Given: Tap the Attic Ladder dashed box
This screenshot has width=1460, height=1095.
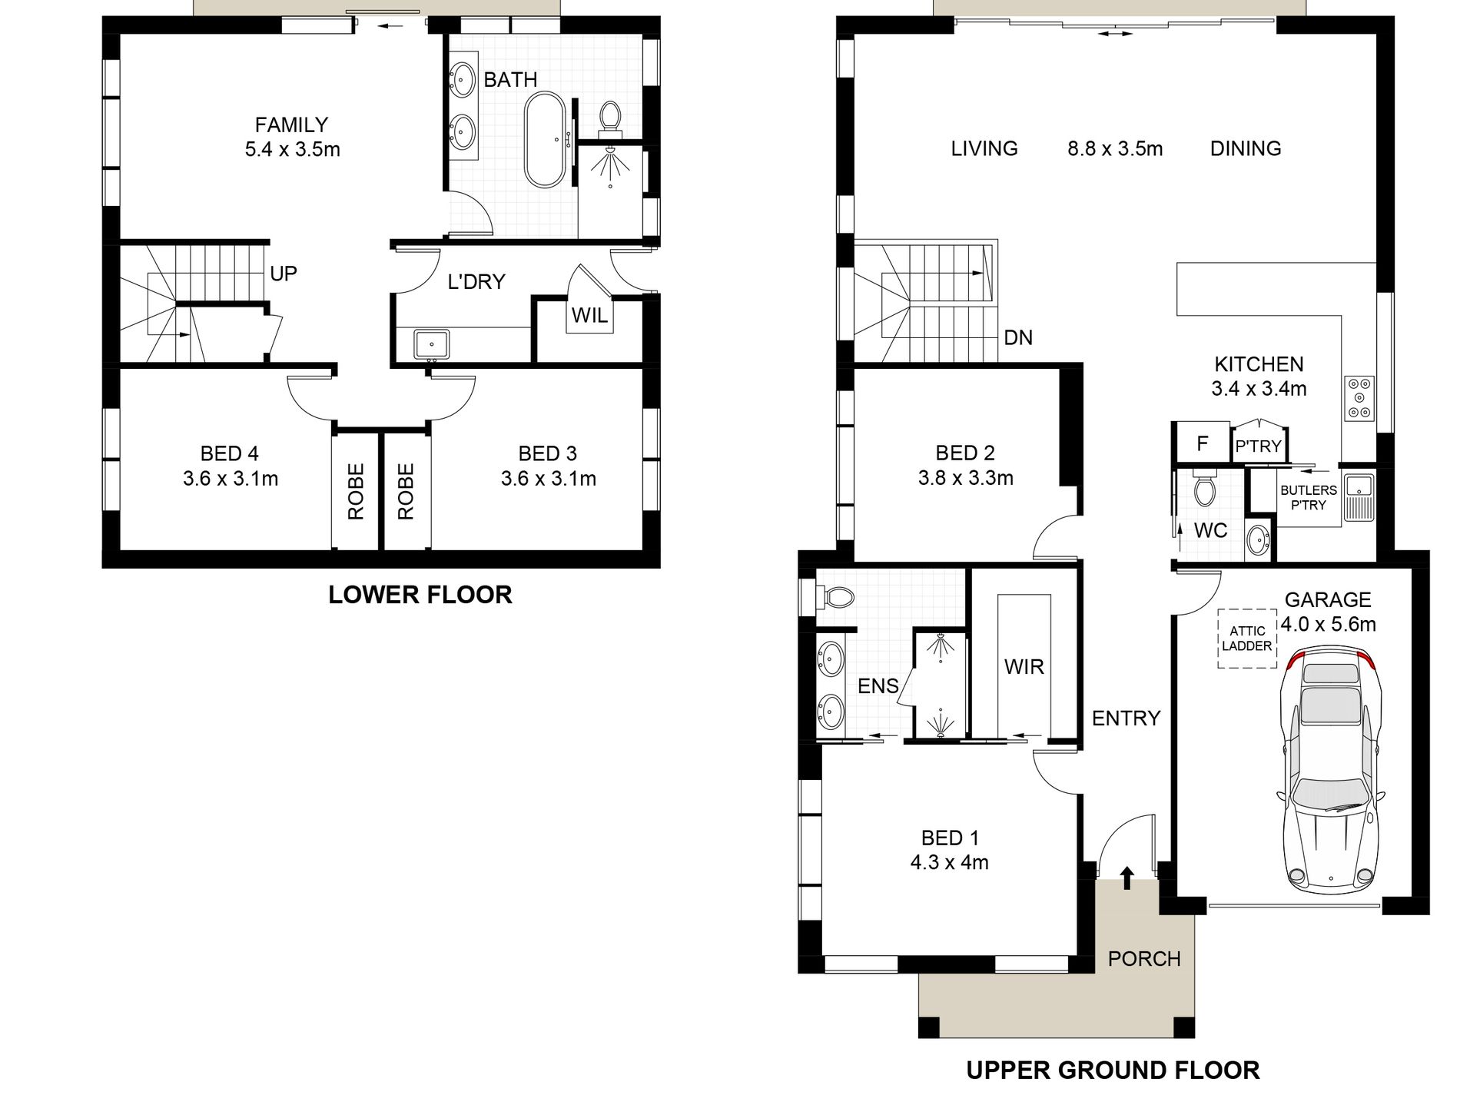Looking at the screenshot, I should point(1246,639).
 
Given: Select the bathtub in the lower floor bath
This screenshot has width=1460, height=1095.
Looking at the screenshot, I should point(546,140).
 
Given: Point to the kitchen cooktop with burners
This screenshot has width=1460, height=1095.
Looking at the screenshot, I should point(1359,398).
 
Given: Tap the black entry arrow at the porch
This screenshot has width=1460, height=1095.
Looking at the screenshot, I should point(1127,878).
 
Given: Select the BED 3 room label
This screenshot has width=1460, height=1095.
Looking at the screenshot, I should point(547,453).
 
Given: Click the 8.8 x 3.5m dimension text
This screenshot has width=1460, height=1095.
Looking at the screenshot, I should point(1114,148).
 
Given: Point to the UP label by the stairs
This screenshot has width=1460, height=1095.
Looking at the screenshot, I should point(283,274).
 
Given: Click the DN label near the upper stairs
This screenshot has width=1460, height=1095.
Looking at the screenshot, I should point(1018,337).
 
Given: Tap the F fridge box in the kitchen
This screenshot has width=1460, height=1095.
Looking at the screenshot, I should point(1203,443).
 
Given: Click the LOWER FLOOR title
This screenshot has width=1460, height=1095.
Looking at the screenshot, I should point(420,595).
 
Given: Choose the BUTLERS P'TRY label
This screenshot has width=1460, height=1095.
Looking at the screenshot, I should point(1308,497).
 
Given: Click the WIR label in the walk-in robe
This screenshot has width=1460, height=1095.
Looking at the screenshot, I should point(1024,666).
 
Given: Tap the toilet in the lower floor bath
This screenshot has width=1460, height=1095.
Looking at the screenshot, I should point(611,116).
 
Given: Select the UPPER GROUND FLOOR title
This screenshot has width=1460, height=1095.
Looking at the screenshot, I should point(1113,1070).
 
